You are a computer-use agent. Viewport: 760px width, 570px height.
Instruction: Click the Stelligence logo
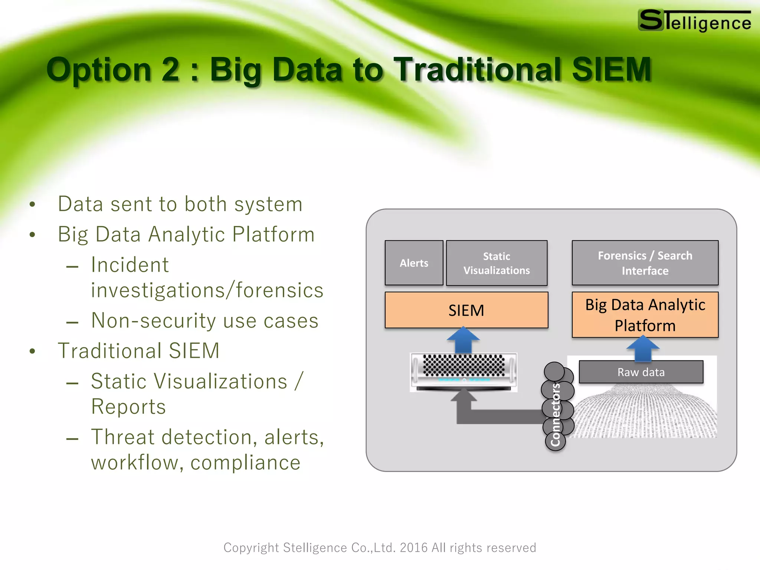[694, 21]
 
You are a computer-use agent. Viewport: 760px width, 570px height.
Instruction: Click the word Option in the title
[99, 70]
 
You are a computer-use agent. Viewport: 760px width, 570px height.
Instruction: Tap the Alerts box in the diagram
[414, 263]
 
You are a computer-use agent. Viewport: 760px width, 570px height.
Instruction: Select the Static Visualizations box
[497, 263]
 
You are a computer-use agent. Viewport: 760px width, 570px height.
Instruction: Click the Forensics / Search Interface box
[645, 263]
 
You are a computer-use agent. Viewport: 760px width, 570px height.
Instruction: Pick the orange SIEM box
[466, 310]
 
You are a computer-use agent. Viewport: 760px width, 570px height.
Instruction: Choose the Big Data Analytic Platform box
[645, 315]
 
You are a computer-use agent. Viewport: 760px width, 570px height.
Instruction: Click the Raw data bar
[641, 372]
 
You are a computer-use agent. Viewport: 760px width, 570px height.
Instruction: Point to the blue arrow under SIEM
[463, 340]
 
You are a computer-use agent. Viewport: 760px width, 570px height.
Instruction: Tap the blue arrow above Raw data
[643, 348]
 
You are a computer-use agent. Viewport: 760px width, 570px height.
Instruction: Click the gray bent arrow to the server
[494, 416]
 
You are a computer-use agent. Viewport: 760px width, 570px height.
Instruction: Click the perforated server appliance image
[463, 371]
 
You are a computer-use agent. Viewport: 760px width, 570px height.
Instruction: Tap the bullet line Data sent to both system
[180, 204]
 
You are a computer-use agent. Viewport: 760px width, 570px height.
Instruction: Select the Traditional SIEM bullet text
[139, 351]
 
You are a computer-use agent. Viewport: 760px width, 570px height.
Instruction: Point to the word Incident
[130, 265]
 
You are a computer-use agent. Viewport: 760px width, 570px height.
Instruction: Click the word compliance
[245, 463]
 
